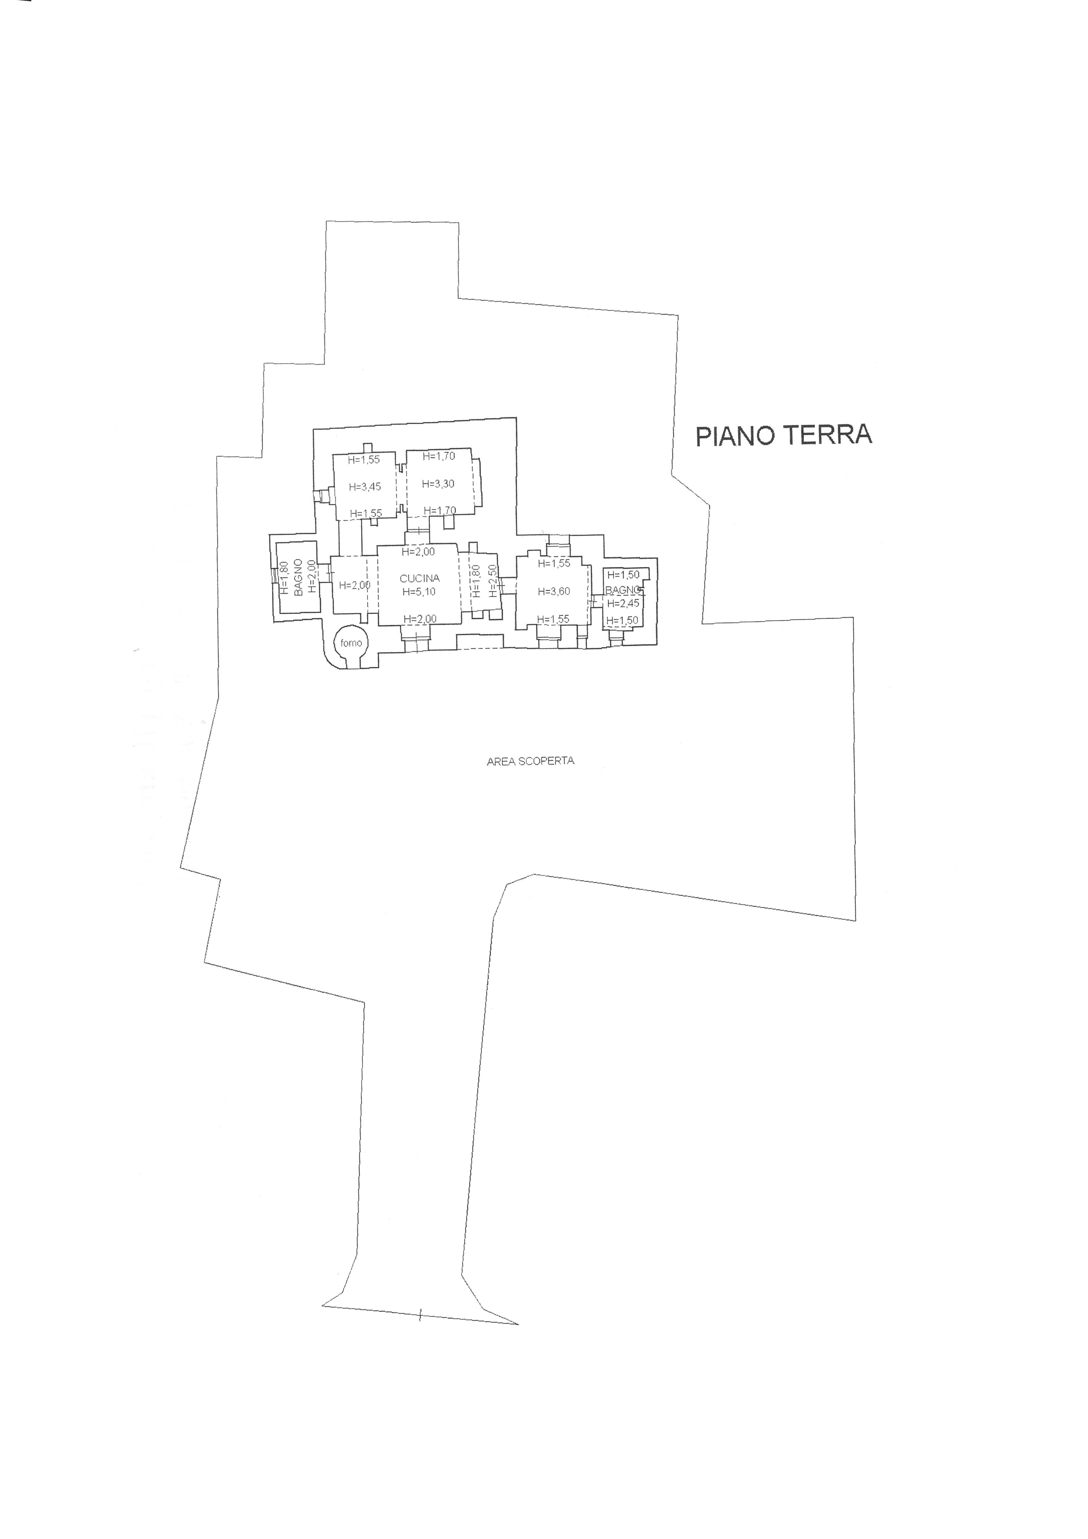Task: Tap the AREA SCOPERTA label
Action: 531,761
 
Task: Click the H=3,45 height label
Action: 364,487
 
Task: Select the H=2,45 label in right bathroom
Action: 623,603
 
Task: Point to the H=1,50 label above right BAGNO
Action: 623,575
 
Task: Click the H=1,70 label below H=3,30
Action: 439,511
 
